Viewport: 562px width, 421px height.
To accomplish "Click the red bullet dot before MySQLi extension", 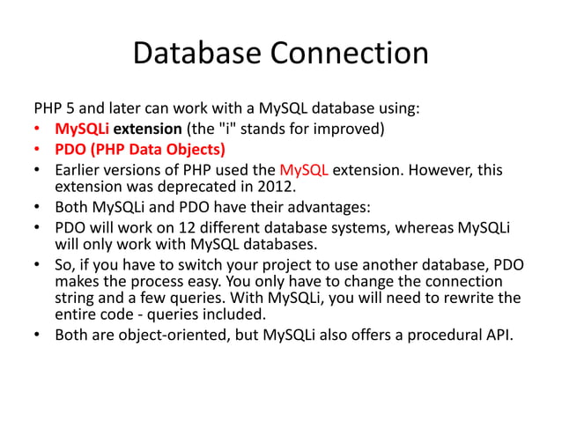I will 37,130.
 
